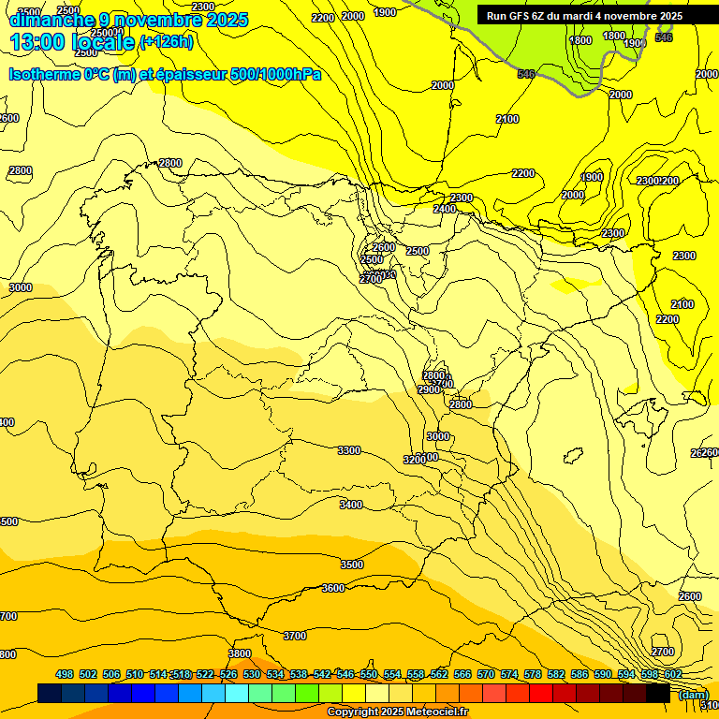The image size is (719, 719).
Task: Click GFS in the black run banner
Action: (x=521, y=16)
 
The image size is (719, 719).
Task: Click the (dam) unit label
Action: (x=692, y=694)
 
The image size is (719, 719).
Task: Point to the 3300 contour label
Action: (x=349, y=450)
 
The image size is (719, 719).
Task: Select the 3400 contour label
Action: (x=351, y=505)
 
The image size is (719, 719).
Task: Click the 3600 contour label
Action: (x=333, y=588)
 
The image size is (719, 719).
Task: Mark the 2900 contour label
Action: (x=429, y=389)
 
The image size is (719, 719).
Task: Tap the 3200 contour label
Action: (x=415, y=460)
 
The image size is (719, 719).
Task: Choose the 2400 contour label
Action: (x=445, y=209)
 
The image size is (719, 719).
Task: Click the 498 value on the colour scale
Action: (x=65, y=674)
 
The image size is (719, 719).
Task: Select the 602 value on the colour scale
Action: (x=672, y=674)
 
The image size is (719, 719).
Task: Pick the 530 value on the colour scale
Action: (x=252, y=674)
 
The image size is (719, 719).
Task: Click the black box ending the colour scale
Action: (x=658, y=694)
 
